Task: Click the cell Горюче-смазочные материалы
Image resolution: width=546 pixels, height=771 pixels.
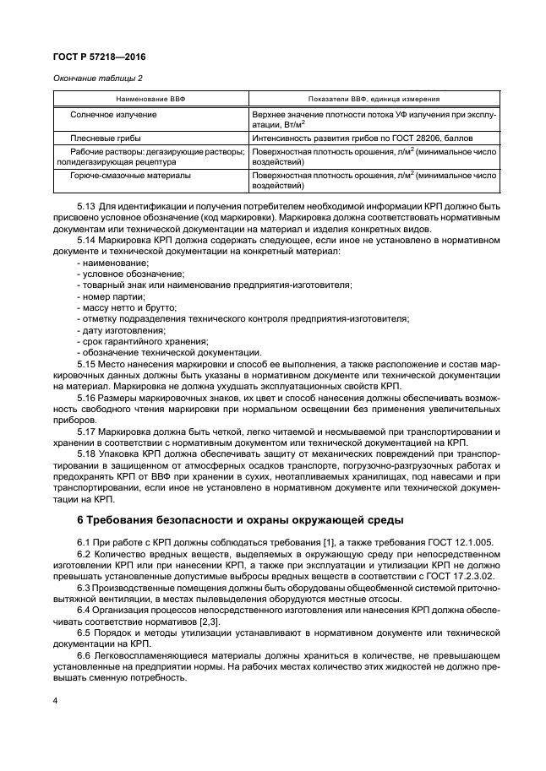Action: click(x=135, y=176)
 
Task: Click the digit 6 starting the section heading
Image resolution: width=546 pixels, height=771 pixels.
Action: click(x=79, y=519)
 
